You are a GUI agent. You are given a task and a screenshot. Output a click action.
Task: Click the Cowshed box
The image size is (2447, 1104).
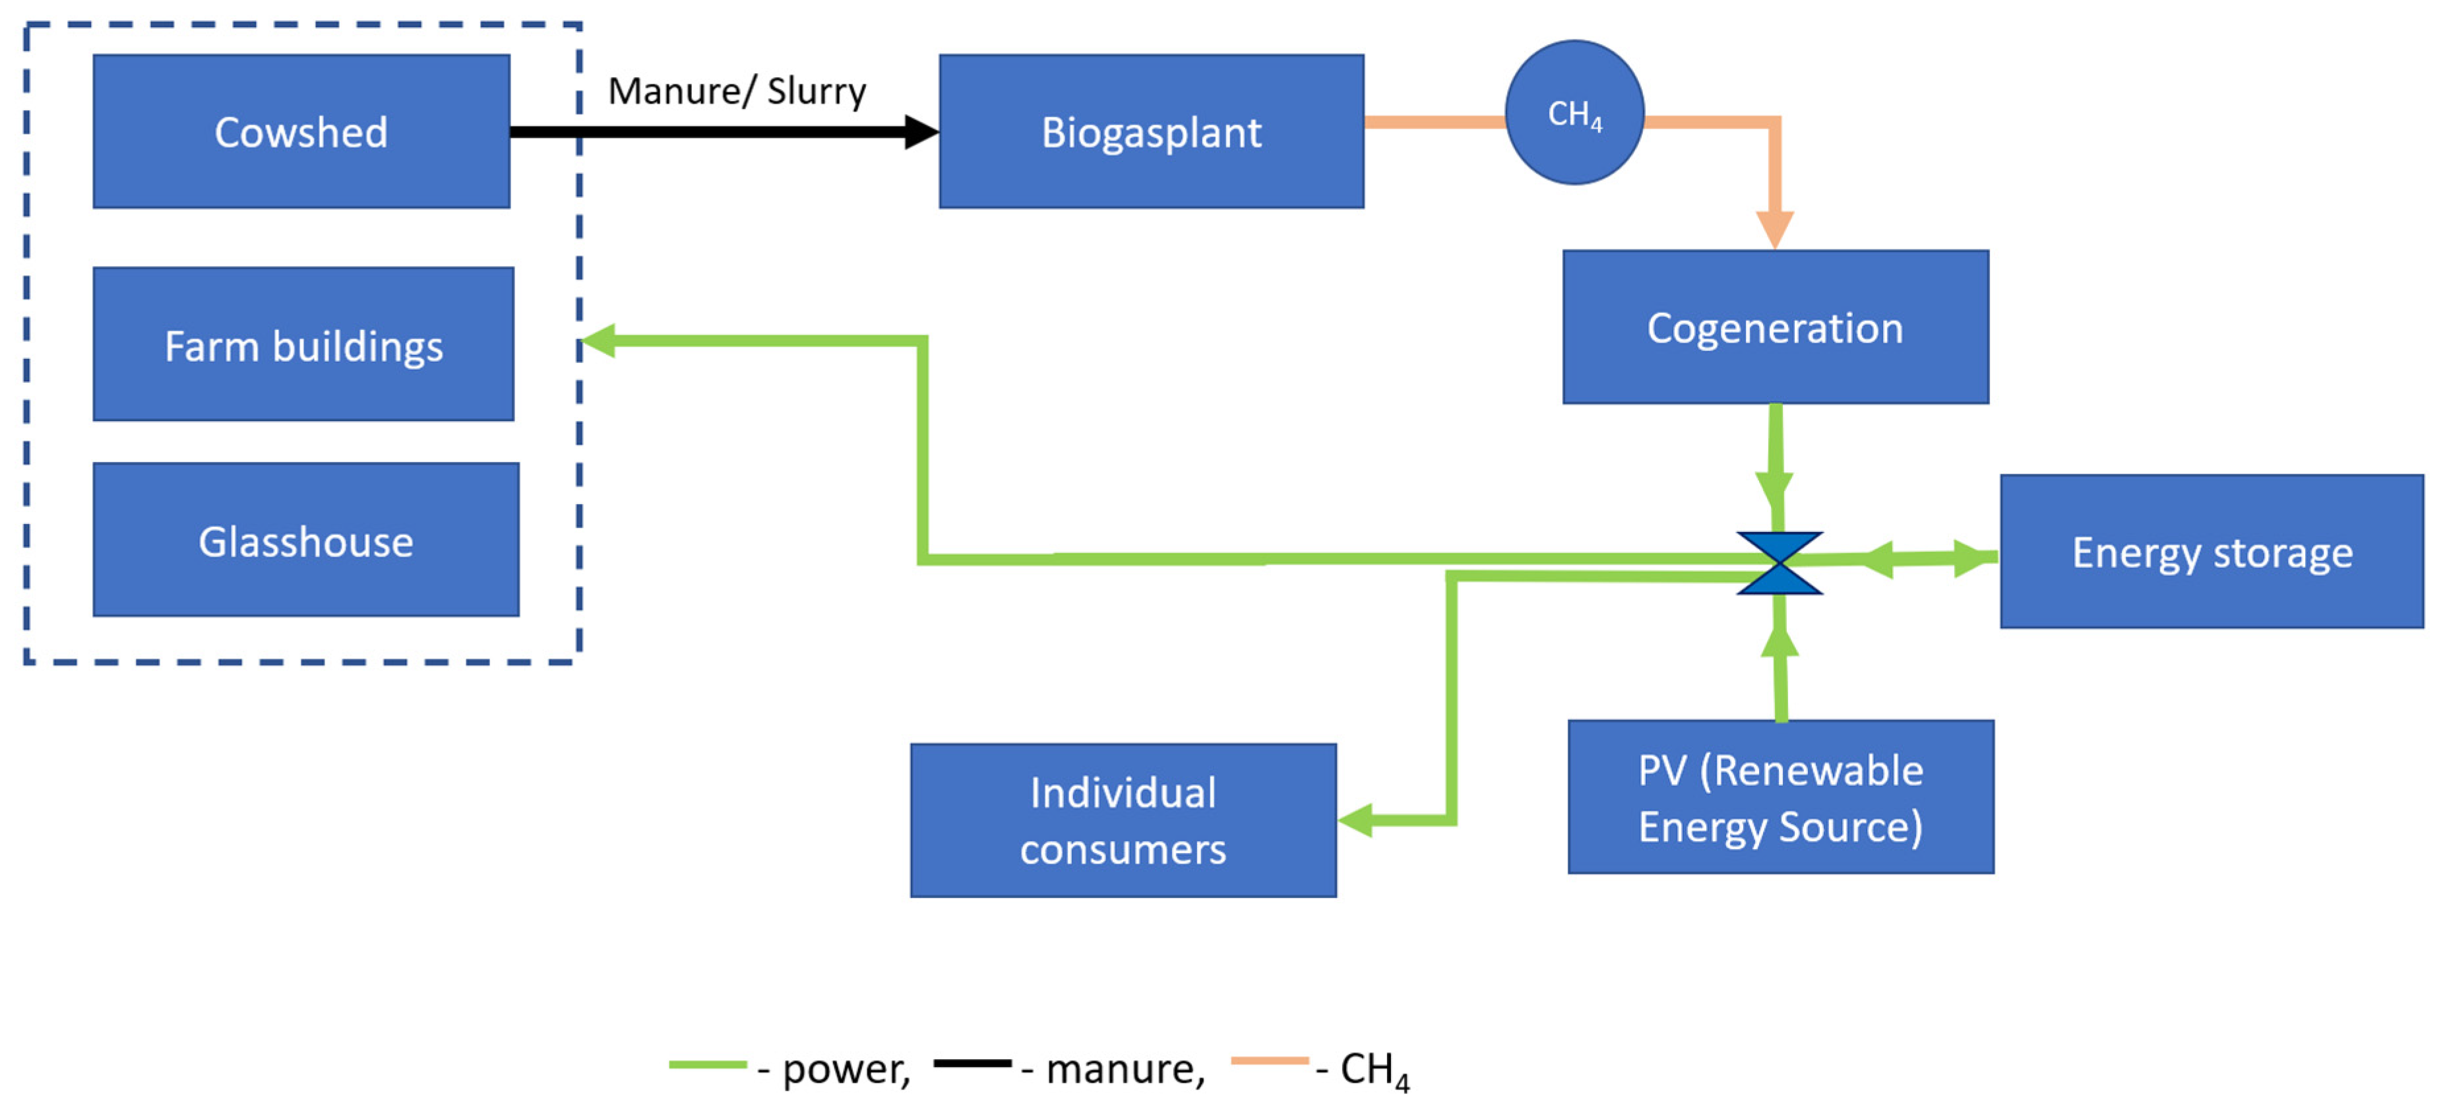[301, 131]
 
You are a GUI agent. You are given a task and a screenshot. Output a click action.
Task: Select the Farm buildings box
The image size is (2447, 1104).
[303, 344]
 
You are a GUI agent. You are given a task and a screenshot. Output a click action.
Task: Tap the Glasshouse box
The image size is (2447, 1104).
[306, 540]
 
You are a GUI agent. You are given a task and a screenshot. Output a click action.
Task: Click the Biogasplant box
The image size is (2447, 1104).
[1152, 131]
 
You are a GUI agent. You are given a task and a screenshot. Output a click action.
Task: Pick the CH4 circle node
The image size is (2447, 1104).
[1574, 112]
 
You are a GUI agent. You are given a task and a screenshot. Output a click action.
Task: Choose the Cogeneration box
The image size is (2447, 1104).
[1774, 327]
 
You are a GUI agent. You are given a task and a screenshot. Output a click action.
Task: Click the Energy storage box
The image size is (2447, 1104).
[2212, 551]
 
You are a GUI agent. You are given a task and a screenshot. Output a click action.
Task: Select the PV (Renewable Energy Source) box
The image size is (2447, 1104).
[1780, 796]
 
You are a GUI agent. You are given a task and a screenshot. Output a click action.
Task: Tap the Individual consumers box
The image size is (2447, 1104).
[1123, 820]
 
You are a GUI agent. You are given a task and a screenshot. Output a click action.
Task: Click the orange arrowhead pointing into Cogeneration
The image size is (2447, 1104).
[1774, 229]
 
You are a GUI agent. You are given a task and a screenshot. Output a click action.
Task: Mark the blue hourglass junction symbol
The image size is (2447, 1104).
[1780, 562]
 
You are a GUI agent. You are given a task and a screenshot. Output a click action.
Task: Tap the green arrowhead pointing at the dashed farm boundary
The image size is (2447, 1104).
[598, 340]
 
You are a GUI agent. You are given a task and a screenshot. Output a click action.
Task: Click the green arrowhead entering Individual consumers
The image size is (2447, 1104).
[1357, 819]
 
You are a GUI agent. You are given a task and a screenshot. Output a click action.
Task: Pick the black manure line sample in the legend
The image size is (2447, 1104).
[972, 1063]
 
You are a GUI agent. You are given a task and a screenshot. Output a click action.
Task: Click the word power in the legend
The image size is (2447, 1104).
[844, 1070]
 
